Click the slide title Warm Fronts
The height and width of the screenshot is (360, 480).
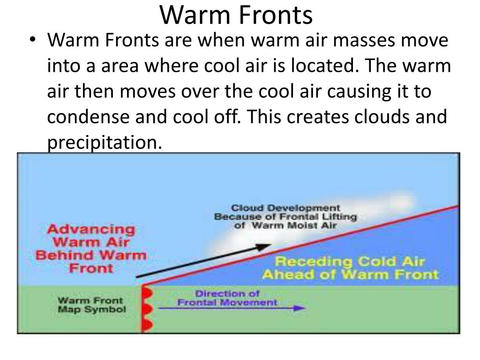[x=236, y=15]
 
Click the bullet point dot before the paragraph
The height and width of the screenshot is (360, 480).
[x=31, y=41]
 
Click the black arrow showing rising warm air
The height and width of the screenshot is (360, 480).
[x=202, y=261]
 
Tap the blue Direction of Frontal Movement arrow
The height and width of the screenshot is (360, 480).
[x=232, y=308]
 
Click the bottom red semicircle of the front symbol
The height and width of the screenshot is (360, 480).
[x=146, y=325]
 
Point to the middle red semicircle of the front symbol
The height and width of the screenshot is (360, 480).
[x=146, y=309]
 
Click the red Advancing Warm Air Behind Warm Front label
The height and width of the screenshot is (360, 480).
[x=91, y=249]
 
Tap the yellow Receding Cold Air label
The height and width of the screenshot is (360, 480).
[x=350, y=268]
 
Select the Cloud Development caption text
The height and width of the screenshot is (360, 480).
[x=285, y=217]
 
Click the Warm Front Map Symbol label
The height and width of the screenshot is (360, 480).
[x=91, y=305]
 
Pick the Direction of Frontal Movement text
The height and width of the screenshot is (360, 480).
[x=227, y=298]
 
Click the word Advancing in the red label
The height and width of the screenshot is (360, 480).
[x=91, y=230]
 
